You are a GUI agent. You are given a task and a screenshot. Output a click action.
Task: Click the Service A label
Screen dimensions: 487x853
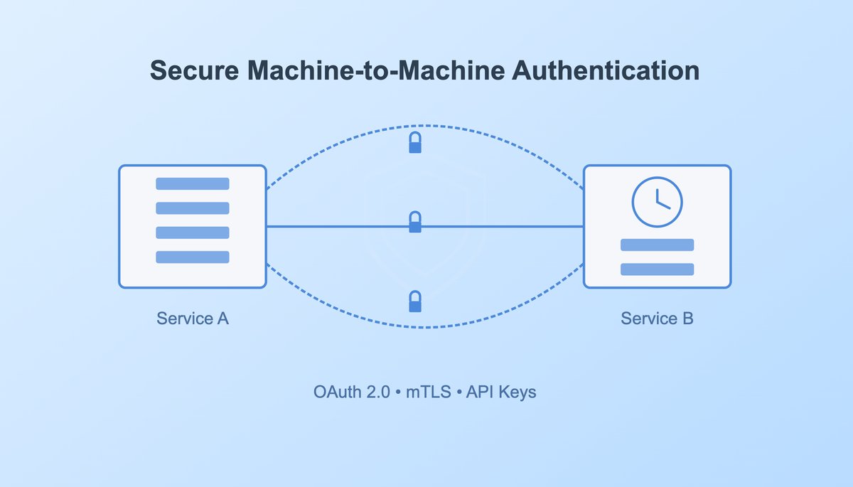193,319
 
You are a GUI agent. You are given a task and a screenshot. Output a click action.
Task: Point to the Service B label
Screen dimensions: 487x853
657,319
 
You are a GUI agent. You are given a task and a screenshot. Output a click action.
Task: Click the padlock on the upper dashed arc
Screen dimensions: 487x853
415,143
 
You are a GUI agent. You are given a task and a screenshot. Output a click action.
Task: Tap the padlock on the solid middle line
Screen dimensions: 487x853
415,223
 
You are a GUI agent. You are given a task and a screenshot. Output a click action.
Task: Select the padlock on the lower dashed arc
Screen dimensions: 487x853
415,302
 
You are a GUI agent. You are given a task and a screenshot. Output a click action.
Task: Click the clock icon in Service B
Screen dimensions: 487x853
657,200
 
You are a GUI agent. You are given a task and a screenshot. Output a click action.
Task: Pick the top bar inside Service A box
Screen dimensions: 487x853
193,183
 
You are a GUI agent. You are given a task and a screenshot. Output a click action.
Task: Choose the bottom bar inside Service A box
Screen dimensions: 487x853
193,257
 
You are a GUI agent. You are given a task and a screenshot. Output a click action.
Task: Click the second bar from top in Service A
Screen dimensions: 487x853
193,208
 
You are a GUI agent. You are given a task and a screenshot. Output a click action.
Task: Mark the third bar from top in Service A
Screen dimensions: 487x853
193,232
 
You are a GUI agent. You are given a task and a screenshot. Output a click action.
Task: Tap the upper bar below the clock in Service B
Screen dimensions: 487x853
657,245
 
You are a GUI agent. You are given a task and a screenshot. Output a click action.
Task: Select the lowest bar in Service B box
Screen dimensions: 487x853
657,269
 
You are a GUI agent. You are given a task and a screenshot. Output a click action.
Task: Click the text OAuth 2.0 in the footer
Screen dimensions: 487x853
352,392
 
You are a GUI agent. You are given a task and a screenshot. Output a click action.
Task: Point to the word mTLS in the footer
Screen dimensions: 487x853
429,392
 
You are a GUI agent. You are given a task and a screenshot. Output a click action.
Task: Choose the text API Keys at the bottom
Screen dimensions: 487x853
501,392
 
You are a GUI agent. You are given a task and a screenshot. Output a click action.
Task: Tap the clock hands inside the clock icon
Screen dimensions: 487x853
661,200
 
